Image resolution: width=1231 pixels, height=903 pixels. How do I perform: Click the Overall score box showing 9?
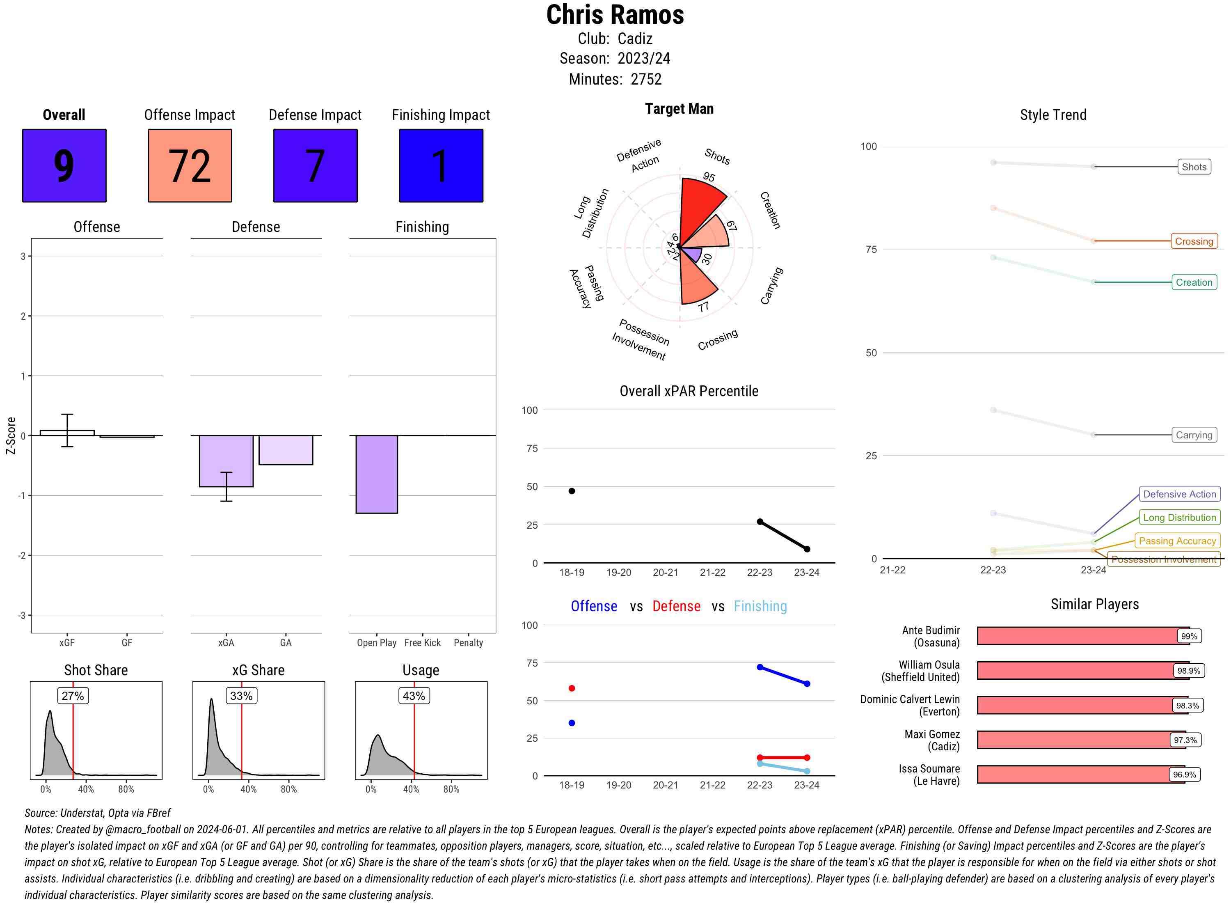[64, 166]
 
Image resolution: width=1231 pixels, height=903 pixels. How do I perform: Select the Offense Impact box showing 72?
[190, 166]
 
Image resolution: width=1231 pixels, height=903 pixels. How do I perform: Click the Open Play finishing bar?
[376, 474]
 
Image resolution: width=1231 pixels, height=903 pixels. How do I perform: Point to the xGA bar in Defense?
[226, 461]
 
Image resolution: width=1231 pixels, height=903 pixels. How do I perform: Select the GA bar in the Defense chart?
[285, 450]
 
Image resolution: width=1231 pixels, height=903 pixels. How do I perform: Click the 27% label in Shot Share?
[73, 696]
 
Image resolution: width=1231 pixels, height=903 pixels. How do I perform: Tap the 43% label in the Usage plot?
[414, 696]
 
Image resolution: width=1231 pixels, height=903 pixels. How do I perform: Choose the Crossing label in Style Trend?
[1193, 241]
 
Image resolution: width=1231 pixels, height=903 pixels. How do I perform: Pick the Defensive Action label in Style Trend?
[1179, 494]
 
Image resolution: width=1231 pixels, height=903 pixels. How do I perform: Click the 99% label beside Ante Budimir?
[1188, 636]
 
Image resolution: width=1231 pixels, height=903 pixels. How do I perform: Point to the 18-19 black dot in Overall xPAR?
[572, 491]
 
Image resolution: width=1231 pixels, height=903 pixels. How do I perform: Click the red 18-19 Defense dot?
[572, 688]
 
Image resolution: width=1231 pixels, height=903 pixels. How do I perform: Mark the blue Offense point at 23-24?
[806, 684]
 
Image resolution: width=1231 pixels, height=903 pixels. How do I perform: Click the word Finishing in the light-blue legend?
[760, 606]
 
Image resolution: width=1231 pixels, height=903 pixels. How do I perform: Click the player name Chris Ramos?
[615, 15]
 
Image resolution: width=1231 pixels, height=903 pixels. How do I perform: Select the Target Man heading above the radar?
[679, 109]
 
